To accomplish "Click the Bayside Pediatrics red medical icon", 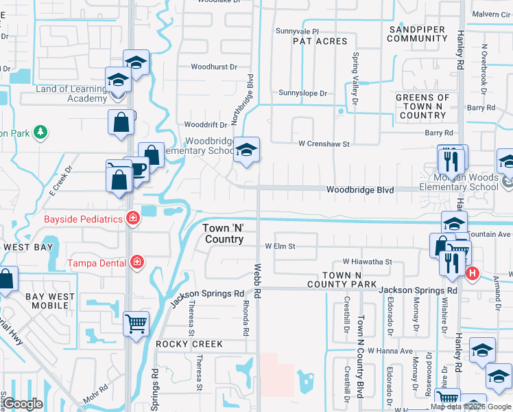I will (132, 220).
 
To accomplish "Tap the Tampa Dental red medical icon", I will (136, 262).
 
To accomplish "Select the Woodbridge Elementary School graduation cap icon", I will (245, 150).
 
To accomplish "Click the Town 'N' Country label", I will (223, 233).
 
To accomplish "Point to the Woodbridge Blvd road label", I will (359, 190).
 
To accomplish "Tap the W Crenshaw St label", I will (324, 144).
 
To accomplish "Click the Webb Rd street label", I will (257, 282).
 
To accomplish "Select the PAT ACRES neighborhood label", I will (320, 42).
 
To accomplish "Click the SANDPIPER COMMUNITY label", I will (418, 34).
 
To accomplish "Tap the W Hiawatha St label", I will (367, 262).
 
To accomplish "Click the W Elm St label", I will (280, 246).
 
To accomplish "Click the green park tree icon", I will (40, 130).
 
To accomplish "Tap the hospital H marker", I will (472, 274).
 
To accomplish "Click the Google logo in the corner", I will (23, 404).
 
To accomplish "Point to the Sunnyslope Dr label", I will (303, 93).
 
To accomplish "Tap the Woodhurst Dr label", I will (213, 67).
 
